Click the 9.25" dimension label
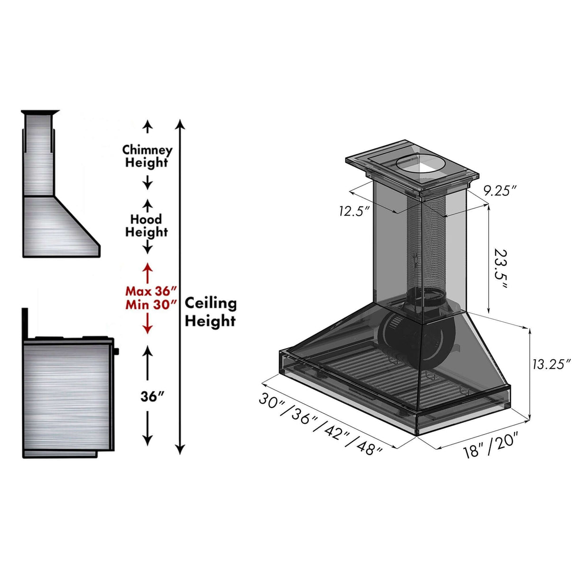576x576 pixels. (x=499, y=191)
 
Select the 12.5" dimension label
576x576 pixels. (x=354, y=211)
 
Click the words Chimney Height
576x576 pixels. (x=147, y=156)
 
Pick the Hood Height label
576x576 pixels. (x=147, y=225)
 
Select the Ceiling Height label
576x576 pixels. (x=210, y=312)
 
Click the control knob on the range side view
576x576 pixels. (x=117, y=351)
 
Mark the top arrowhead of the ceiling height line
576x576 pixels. (x=180, y=125)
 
